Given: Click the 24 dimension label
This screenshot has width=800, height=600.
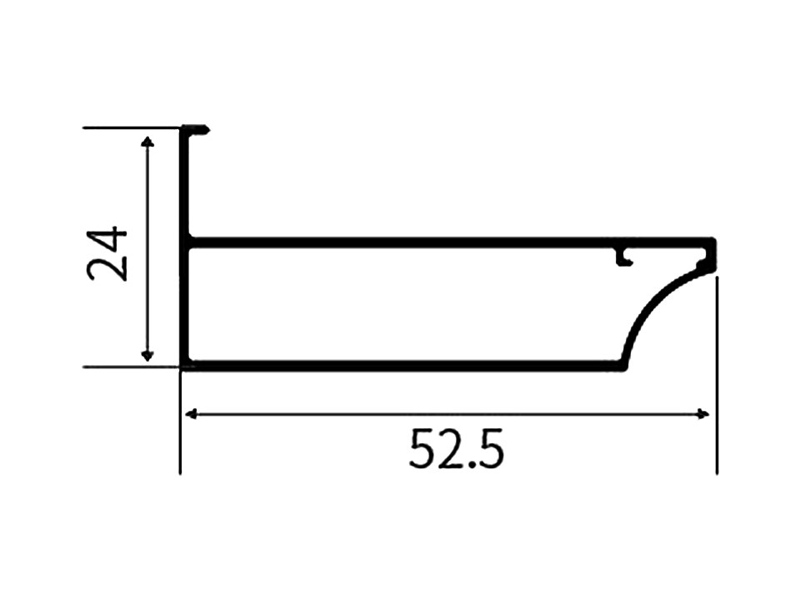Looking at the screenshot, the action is click(107, 254).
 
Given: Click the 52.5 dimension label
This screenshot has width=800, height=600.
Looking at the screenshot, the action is click(456, 449).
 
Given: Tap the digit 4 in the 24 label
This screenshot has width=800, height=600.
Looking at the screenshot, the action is click(107, 239).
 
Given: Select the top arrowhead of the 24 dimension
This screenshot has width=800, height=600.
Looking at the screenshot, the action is click(147, 142).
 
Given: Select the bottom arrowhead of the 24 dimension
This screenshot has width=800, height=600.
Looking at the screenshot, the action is click(147, 355).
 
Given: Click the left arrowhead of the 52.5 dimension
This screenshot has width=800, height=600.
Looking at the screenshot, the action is click(191, 414).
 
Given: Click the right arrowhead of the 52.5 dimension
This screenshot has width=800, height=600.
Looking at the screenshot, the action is click(703, 414).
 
